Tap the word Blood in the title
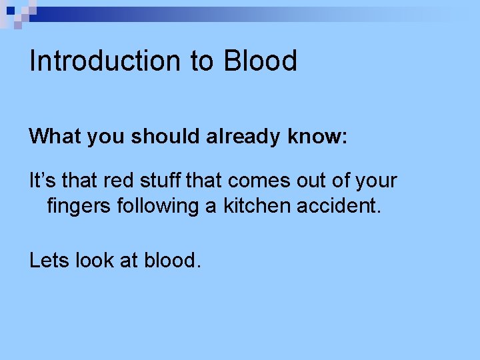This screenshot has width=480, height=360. pyautogui.click(x=260, y=61)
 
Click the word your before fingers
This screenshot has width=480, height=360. pyautogui.click(x=374, y=181)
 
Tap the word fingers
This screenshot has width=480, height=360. pyautogui.click(x=75, y=206)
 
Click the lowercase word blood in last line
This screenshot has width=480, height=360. pyautogui.click(x=171, y=261)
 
